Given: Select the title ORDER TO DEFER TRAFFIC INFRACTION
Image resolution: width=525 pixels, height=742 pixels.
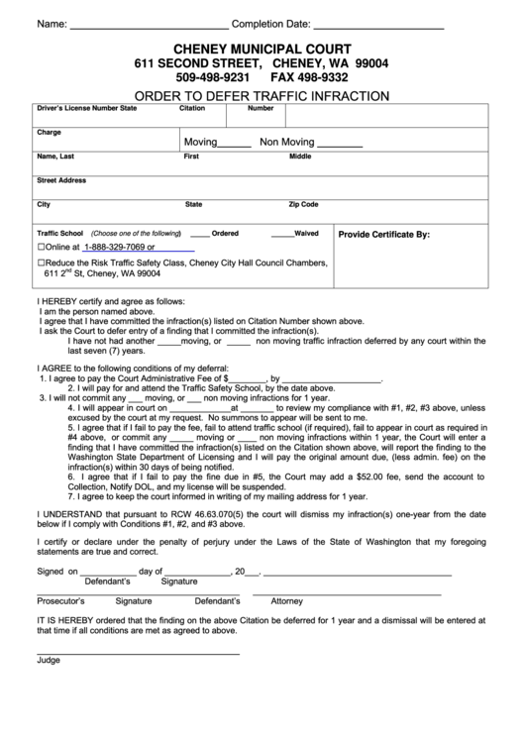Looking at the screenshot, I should pyautogui.click(x=262, y=96).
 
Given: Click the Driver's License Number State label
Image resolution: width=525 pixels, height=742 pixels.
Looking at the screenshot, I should pyautogui.click(x=87, y=108).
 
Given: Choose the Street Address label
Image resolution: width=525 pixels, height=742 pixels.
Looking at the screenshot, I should pyautogui.click(x=61, y=180).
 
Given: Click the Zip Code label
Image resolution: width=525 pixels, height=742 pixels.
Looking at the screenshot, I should pyautogui.click(x=303, y=204).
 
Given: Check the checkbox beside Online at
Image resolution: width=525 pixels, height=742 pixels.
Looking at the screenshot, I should pyautogui.click(x=42, y=247).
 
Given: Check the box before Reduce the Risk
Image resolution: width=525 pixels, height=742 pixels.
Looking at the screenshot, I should pyautogui.click(x=42, y=263).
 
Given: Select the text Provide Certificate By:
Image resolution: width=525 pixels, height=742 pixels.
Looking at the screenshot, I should pyautogui.click(x=384, y=235).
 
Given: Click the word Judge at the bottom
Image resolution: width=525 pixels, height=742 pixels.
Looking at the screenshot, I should pyautogui.click(x=49, y=687).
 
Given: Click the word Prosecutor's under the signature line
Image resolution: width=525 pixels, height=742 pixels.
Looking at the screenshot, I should pyautogui.click(x=60, y=628).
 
